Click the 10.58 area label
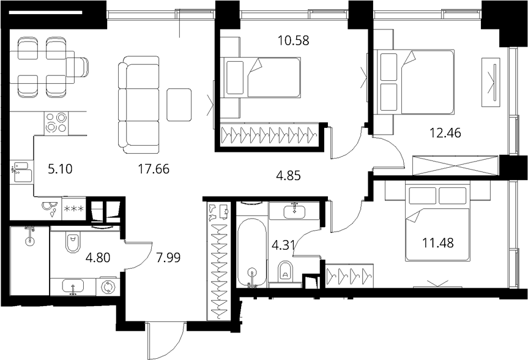pos(293,40)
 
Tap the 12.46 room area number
pos(445,133)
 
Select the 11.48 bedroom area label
pos(437,242)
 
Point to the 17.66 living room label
pos(154,169)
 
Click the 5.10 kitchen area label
pos(61,169)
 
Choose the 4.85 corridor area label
pos(288,176)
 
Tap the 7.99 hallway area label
pos(168,258)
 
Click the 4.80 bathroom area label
pos(98,258)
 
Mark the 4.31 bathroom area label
pos(283,245)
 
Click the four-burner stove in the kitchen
pos(56,123)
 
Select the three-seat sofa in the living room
pos(139,105)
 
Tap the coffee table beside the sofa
pos(179,105)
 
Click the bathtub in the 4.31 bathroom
pos(252,253)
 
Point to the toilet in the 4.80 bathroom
pos(72,242)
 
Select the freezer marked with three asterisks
pos(74,208)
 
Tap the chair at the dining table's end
pos(78,67)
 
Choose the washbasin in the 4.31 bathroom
pos(295,211)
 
